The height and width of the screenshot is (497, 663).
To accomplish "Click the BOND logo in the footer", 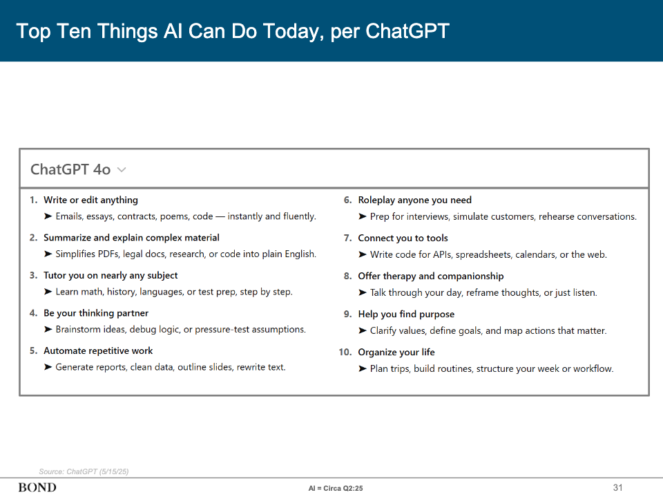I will point(37,487).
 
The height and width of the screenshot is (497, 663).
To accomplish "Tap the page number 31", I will point(617,487).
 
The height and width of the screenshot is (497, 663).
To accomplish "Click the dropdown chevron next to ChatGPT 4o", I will point(122,169).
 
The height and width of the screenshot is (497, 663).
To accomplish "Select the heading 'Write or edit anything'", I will point(90,200).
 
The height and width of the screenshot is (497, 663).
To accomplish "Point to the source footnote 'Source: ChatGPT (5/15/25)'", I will point(84,471).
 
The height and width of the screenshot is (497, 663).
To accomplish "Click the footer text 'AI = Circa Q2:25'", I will point(336,488).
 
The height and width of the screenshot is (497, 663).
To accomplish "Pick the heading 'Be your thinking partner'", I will point(96,313).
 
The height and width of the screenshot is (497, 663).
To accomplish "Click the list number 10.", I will point(345,352).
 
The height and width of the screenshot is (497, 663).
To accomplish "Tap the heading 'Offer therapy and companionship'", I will point(431,276).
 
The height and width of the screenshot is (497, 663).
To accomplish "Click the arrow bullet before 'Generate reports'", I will point(48,367).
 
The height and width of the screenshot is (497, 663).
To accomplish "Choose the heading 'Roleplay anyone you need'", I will point(414,200).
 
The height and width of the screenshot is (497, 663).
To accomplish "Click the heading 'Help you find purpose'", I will point(406,314).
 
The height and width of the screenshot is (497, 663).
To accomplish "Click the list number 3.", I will point(33,275).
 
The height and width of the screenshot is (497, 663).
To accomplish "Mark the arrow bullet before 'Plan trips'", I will point(363,368).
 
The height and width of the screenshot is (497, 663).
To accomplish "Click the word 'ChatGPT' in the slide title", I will point(407,31).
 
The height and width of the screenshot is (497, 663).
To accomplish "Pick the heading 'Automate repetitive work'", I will point(98,350).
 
